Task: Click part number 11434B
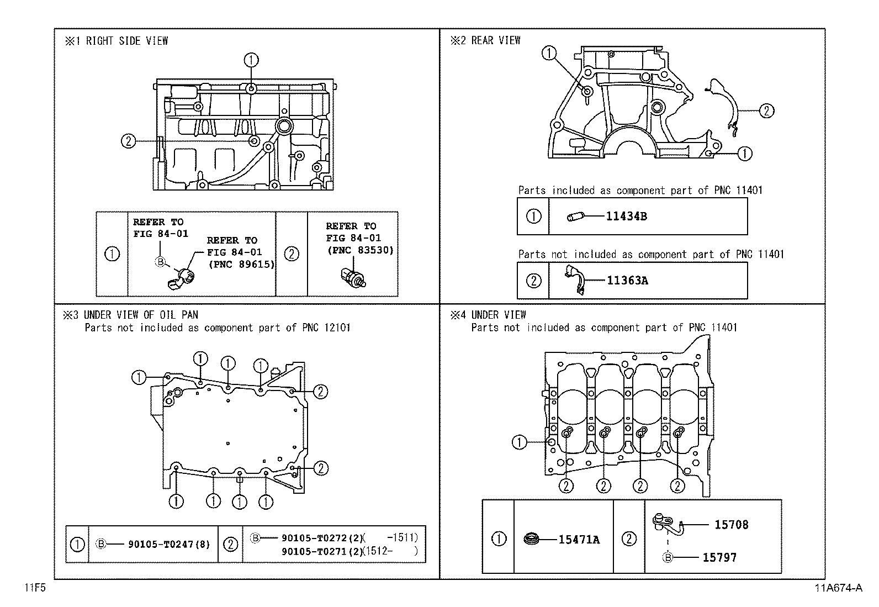point(626,217)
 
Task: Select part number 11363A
point(627,281)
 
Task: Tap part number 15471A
point(579,540)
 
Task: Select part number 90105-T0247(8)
point(169,545)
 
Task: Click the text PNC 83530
point(360,250)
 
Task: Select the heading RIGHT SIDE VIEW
point(127,41)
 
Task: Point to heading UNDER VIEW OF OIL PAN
point(141,315)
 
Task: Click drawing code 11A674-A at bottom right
point(836,588)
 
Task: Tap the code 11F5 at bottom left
point(34,588)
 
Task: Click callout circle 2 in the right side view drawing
point(128,141)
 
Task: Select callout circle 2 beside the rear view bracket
point(766,111)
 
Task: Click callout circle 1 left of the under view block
point(519,442)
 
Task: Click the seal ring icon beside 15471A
point(532,538)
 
